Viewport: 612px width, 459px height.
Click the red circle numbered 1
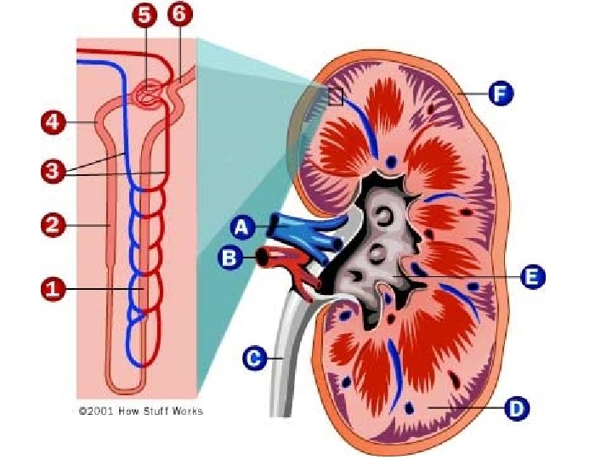pos(53,290)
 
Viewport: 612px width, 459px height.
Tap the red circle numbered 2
pos(53,225)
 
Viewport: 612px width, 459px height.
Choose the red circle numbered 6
pos(180,15)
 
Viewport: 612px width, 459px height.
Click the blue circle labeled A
pos(242,227)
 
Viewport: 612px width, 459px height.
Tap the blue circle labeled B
pos(229,256)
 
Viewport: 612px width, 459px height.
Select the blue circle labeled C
pos(253,359)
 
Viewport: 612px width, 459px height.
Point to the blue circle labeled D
pos(517,410)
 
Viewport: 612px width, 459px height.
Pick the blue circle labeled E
pos(532,277)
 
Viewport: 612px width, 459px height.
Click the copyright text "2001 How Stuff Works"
pos(140,411)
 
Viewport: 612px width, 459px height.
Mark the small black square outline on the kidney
pos(335,96)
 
